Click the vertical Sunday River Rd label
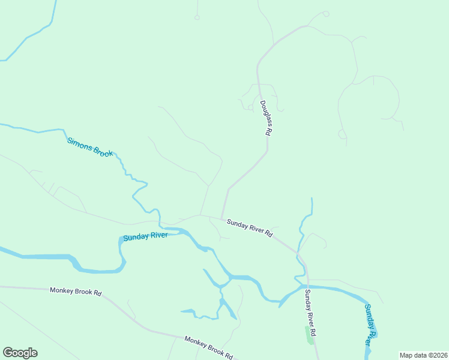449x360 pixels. (310, 313)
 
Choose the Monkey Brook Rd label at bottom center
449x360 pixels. (209, 347)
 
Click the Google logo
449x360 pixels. (20, 353)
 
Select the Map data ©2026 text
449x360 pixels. (423, 355)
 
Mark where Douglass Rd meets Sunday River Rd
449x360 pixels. (222, 218)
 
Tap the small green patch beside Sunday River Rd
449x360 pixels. (310, 334)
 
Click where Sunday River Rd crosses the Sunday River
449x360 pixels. (308, 287)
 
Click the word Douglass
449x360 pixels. (265, 112)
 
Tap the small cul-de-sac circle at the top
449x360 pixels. (196, 17)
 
